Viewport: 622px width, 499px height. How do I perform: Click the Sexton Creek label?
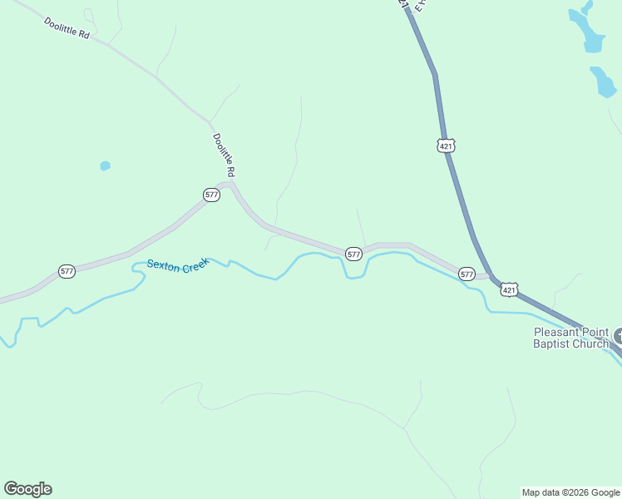click(177, 264)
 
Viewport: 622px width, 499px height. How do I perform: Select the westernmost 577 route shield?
click(67, 271)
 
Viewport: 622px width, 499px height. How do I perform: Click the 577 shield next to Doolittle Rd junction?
click(211, 195)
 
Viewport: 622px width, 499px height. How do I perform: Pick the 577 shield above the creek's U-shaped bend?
click(353, 254)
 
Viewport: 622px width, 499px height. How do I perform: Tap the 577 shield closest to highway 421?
click(466, 274)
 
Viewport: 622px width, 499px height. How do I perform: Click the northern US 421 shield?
click(447, 146)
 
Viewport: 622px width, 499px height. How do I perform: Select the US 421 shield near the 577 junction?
click(510, 289)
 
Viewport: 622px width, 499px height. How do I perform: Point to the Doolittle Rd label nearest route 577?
click(224, 155)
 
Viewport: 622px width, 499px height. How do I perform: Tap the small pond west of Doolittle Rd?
click(105, 166)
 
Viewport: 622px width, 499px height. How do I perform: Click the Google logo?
click(27, 489)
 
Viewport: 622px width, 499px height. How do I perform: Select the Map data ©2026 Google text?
click(570, 492)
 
